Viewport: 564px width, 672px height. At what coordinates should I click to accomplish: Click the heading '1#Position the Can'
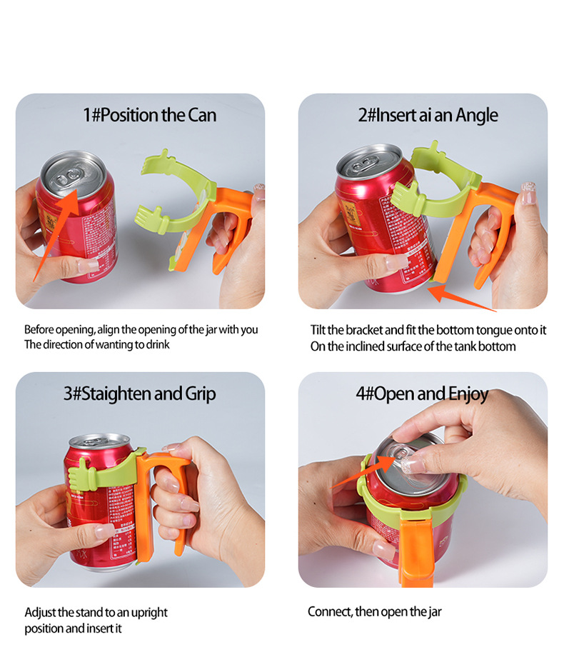(149, 115)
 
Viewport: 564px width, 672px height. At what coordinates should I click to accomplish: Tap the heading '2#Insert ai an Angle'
(428, 115)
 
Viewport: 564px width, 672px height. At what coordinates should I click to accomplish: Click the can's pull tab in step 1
(68, 174)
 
